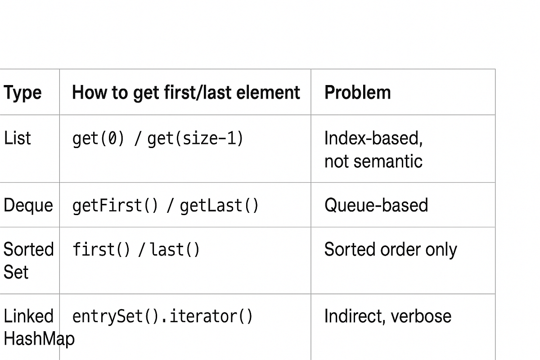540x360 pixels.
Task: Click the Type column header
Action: (22, 93)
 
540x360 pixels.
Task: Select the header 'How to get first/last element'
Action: (186, 93)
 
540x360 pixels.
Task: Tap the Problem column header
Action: (357, 93)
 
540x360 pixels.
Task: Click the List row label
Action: (18, 138)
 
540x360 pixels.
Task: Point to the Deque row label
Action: (28, 206)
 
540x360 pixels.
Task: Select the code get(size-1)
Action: (195, 139)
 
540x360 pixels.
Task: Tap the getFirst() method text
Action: (115, 206)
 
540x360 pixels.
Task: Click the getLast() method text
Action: (219, 206)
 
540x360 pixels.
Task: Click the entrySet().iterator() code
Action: (162, 316)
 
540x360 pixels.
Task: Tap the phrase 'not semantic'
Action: (373, 161)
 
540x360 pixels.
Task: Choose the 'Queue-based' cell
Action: (376, 206)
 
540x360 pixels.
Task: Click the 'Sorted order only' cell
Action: (390, 250)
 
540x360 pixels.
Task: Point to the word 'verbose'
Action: (421, 316)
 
